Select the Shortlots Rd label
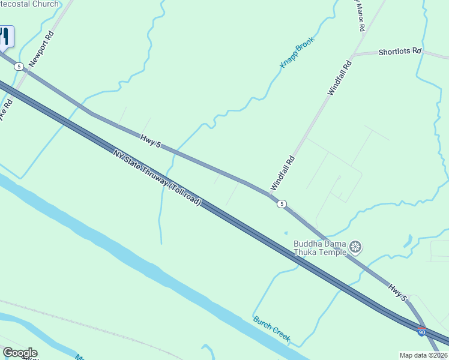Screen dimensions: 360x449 pos(400,52)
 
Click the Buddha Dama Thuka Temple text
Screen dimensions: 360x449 pos(320,248)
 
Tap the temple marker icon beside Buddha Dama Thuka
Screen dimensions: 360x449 pos(356,247)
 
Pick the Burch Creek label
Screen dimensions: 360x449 pos(272,329)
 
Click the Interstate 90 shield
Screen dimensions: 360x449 pos(422,332)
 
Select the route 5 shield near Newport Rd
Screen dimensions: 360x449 pos(19,66)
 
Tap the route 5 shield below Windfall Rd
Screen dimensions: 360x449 pos(282,204)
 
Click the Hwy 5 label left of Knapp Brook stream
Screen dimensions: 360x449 pos(151,141)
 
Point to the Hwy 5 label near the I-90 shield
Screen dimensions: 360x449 pos(397,293)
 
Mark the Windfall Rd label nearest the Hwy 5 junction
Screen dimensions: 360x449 pos(283,173)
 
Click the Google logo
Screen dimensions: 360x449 pos(20,353)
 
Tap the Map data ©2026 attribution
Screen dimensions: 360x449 pos(423,355)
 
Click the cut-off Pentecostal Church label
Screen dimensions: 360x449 pos(30,4)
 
